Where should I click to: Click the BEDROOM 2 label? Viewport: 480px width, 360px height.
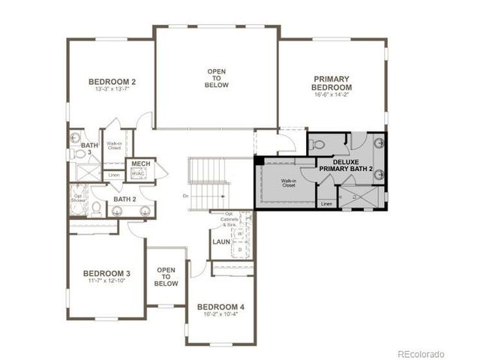(112, 82)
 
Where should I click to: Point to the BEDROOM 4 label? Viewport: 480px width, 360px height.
(220, 307)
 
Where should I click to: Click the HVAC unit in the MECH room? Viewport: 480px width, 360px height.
(138, 173)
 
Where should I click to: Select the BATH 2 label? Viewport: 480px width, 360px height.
(124, 199)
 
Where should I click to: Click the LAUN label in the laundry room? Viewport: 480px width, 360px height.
(220, 241)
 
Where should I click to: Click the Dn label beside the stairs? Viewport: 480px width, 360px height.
(184, 196)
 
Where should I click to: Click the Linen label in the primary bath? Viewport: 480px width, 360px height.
(326, 203)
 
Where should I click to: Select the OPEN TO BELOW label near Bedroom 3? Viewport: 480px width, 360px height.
(166, 277)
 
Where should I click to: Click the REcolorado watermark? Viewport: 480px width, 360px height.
(421, 353)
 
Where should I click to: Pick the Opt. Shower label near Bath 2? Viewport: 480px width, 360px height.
(78, 198)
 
